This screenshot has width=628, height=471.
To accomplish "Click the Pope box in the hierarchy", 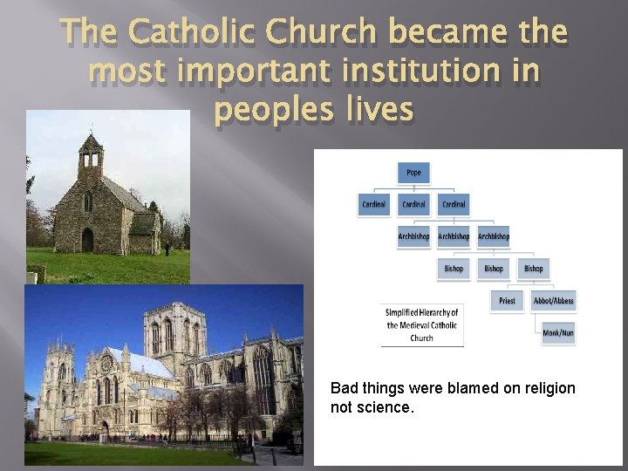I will point(413,173).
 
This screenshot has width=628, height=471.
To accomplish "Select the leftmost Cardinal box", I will point(374,204).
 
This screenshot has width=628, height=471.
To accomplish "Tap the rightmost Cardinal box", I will point(454,204).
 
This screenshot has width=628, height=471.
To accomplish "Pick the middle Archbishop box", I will point(454,236).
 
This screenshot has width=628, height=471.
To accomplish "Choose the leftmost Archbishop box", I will point(413,236).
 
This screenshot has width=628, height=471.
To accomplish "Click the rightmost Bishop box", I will point(534,269).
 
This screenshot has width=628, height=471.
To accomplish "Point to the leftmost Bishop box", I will point(454,269).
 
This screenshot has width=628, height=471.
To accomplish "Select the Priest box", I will point(507,301).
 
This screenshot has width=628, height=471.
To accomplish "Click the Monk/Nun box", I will point(557,333).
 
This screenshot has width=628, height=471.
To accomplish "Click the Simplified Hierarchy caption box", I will point(422,324).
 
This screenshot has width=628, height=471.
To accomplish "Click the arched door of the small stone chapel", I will point(87,240).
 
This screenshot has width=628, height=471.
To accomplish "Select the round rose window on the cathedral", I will point(107,364).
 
